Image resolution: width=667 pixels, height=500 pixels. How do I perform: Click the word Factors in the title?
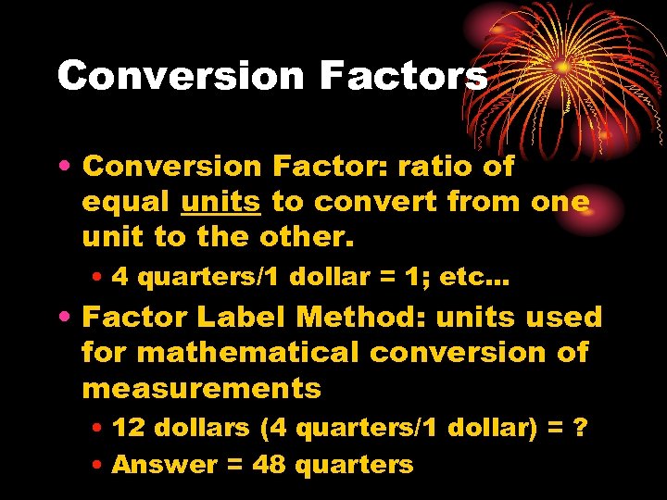coord(403,76)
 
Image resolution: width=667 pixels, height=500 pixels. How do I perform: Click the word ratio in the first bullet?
coord(434,167)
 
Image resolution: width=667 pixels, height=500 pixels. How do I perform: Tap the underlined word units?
coord(220,202)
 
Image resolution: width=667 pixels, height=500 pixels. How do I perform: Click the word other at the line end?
coord(306,237)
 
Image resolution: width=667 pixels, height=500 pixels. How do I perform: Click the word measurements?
coord(201,388)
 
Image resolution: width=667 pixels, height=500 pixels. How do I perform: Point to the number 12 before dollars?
coord(126,428)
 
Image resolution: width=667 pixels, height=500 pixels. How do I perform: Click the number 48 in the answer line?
coord(269,464)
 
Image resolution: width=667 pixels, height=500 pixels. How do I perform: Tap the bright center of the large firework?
coord(562,67)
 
